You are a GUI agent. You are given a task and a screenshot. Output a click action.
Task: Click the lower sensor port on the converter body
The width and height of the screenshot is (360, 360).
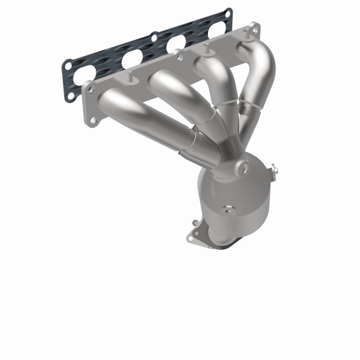click(x=228, y=211)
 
